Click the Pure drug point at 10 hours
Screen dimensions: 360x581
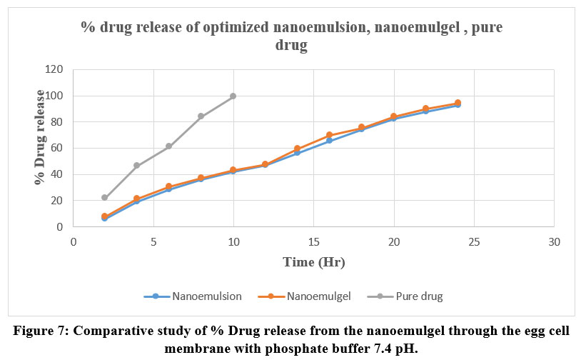233,96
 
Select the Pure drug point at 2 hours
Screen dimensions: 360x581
105,198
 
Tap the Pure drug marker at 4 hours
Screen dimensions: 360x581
137,166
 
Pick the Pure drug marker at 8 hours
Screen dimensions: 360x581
201,116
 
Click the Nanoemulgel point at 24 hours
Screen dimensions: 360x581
458,103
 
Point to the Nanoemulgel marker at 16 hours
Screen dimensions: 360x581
329,135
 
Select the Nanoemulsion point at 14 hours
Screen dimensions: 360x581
297,154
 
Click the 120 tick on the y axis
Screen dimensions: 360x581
54,70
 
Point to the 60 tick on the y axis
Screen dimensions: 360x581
57,149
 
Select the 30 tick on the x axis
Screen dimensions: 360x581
553,242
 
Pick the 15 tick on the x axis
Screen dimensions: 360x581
313,242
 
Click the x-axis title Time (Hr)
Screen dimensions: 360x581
313,262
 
